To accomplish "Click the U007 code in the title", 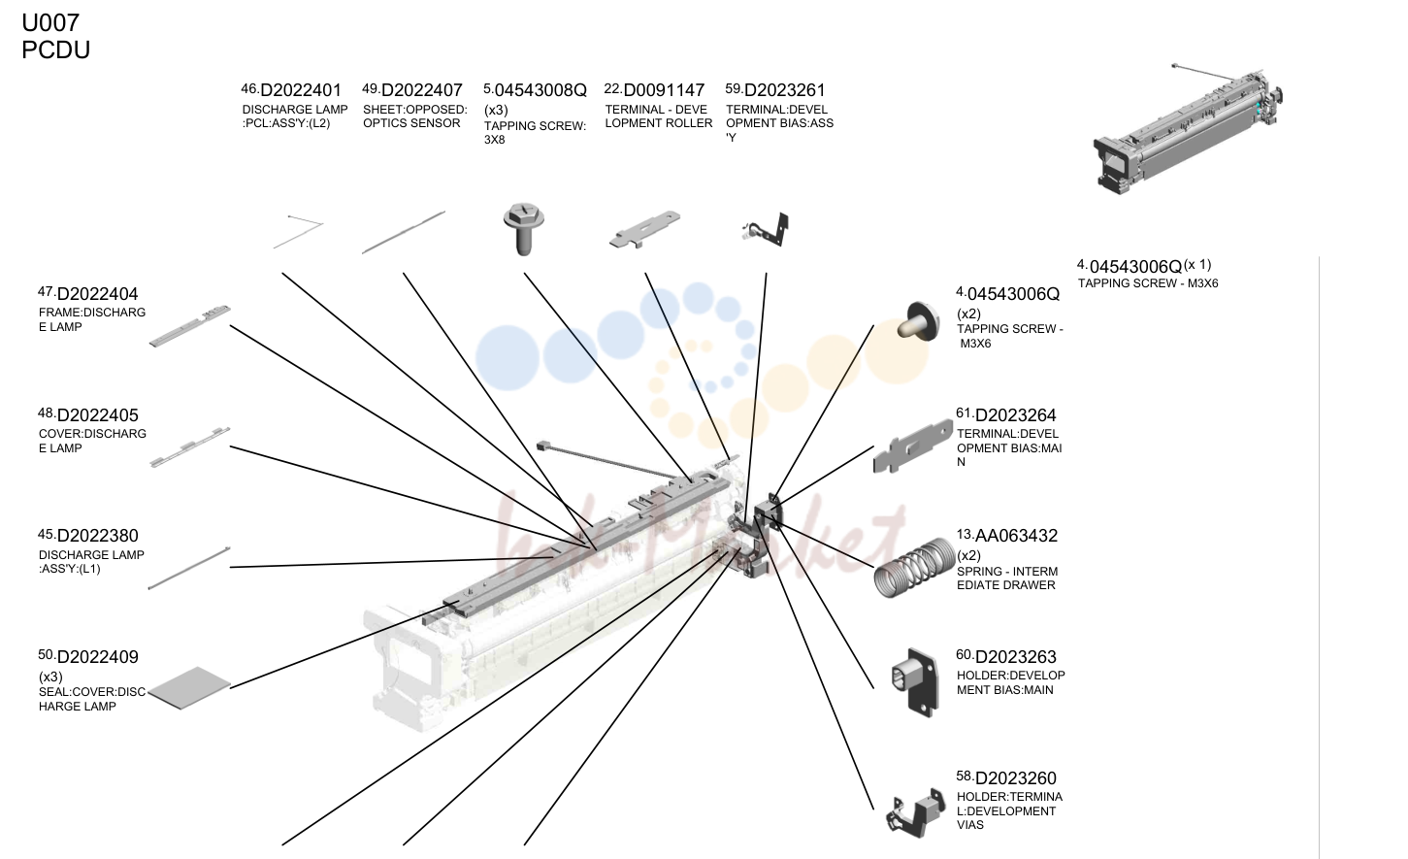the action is (x=50, y=22).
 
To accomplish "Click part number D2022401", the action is (x=301, y=90).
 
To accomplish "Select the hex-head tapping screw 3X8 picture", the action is (x=524, y=228).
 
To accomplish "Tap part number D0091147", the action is (x=664, y=90).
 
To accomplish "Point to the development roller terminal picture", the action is (x=644, y=229).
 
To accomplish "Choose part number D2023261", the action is (x=784, y=90).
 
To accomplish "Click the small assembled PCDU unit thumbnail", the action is (x=1188, y=129).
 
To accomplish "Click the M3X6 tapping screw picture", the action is (x=918, y=321).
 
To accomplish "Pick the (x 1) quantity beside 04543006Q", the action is (x=1197, y=265).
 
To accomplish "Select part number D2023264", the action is (x=1016, y=415).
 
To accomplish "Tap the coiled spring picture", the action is (x=915, y=567).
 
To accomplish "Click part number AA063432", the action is (x=1016, y=536).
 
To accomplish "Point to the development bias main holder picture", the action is (x=916, y=682).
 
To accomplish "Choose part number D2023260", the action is (x=1016, y=778).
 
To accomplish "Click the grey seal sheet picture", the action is (x=190, y=687).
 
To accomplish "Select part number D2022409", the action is (x=97, y=657).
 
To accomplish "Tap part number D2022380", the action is (x=97, y=536).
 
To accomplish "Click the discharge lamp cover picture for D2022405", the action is (x=190, y=446).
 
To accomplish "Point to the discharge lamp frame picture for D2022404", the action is (x=190, y=326).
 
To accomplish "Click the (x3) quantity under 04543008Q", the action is (x=496, y=111).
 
